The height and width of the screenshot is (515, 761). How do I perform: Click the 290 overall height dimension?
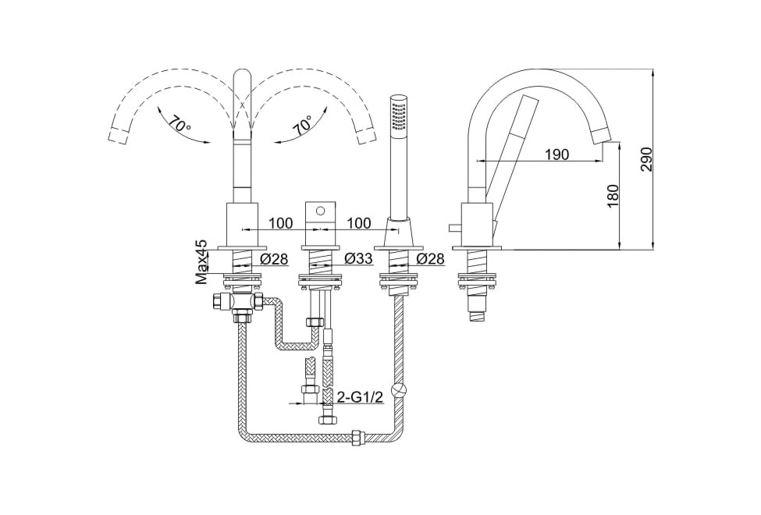[x=647, y=158]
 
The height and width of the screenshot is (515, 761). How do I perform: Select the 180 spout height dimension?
[x=613, y=195]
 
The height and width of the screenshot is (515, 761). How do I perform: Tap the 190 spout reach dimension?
[x=557, y=154]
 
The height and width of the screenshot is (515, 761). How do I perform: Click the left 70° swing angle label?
[x=180, y=125]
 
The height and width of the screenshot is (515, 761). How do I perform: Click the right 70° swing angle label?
[x=304, y=125]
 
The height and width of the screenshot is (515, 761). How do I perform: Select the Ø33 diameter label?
[x=358, y=259]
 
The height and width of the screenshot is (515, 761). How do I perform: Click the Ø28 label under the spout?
[x=274, y=259]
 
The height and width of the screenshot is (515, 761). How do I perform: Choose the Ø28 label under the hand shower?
[x=431, y=259]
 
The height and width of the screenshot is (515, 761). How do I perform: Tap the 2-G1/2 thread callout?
[x=360, y=397]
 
